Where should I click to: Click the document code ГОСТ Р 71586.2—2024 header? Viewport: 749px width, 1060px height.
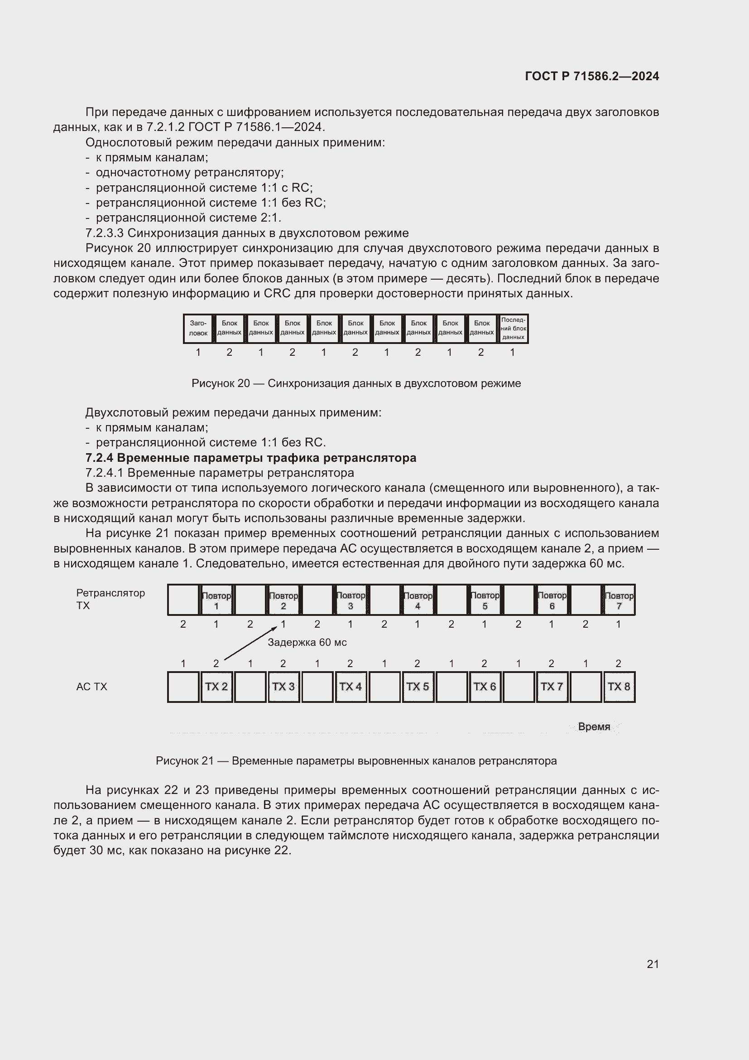(x=592, y=76)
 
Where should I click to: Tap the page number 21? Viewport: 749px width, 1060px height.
(x=653, y=964)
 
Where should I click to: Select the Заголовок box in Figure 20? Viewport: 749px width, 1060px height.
(x=198, y=328)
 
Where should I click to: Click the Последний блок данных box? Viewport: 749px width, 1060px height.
(x=513, y=328)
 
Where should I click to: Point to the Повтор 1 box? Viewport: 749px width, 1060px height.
(x=216, y=600)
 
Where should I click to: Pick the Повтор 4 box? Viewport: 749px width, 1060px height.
(x=418, y=600)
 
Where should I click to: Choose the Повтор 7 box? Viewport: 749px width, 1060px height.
(x=619, y=600)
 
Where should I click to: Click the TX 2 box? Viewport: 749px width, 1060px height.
(x=216, y=687)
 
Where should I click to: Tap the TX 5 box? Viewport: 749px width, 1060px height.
(x=418, y=687)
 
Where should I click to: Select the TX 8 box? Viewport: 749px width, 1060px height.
(x=619, y=687)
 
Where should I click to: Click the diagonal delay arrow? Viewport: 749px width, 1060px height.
(x=250, y=643)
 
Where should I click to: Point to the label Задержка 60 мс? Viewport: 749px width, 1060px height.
(x=307, y=642)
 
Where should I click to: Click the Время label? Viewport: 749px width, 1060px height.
(x=594, y=726)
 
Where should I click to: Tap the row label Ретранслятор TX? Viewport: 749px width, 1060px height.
(x=110, y=599)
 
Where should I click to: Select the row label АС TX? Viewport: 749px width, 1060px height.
(x=91, y=687)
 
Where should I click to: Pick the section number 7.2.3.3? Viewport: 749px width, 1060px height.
(x=105, y=232)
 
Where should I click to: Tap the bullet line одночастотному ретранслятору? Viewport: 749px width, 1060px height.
(x=190, y=172)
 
